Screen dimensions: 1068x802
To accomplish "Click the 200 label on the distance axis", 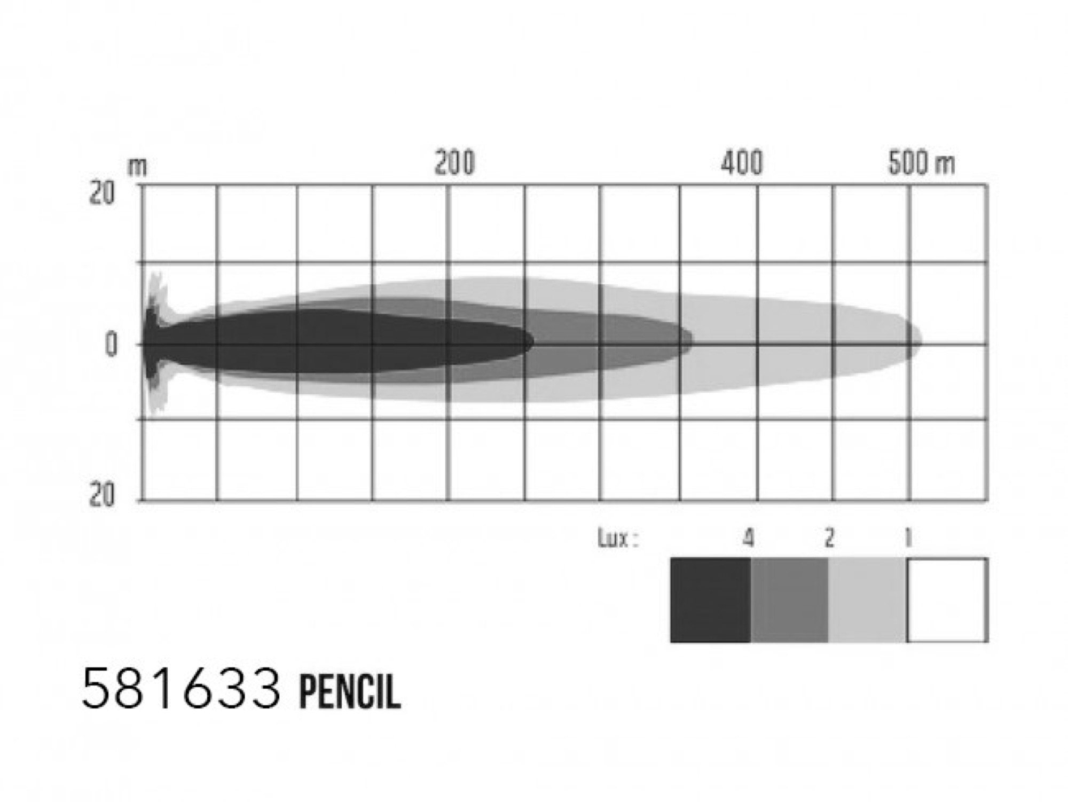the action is pos(454,163).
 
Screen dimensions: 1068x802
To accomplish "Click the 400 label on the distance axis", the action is pos(742,163).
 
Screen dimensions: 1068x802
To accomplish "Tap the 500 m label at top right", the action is pos(922,163).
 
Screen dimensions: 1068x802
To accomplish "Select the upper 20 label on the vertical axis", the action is pos(101,193).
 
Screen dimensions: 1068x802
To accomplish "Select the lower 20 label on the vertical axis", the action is pos(101,495).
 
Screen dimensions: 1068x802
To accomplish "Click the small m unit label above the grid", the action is pos(137,168).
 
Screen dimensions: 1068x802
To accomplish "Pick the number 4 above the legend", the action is pos(749,539).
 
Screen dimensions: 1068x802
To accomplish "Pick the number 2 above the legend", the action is pos(829,539).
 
